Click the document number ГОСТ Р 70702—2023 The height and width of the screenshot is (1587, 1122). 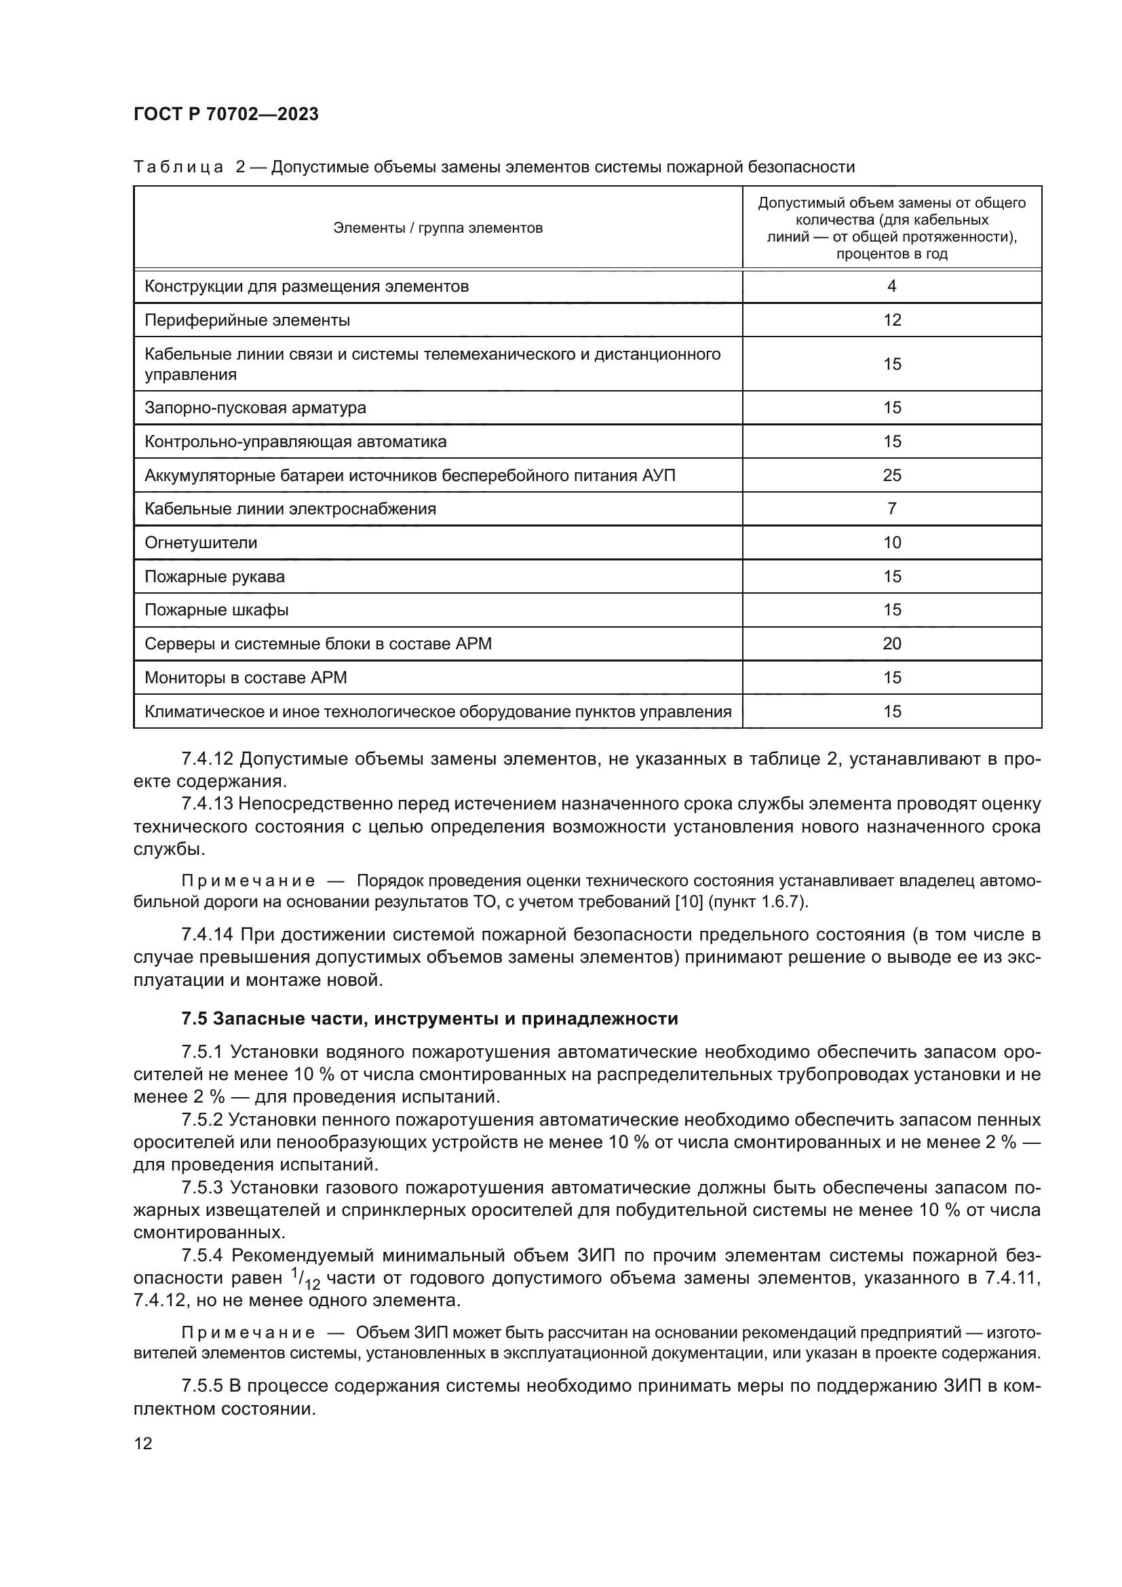226,114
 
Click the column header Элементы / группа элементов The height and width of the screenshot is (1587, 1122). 438,228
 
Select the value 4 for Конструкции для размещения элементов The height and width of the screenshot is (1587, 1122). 891,286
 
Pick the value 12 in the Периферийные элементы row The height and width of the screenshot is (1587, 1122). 891,320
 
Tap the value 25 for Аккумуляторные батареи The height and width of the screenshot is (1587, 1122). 891,475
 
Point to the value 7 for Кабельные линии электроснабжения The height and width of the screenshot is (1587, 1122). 891,509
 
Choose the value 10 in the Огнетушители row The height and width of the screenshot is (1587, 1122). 891,543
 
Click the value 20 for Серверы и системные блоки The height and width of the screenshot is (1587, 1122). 891,643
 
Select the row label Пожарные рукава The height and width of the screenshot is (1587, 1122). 214,577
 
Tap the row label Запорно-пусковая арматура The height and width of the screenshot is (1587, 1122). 255,408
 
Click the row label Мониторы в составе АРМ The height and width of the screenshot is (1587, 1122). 246,677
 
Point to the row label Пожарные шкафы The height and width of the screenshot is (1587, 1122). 216,611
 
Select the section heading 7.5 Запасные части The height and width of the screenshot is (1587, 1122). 429,1018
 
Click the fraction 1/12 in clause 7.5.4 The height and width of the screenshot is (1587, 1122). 305,1279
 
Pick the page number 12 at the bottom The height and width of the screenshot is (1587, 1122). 143,1444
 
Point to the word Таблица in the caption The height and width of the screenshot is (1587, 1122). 178,168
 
